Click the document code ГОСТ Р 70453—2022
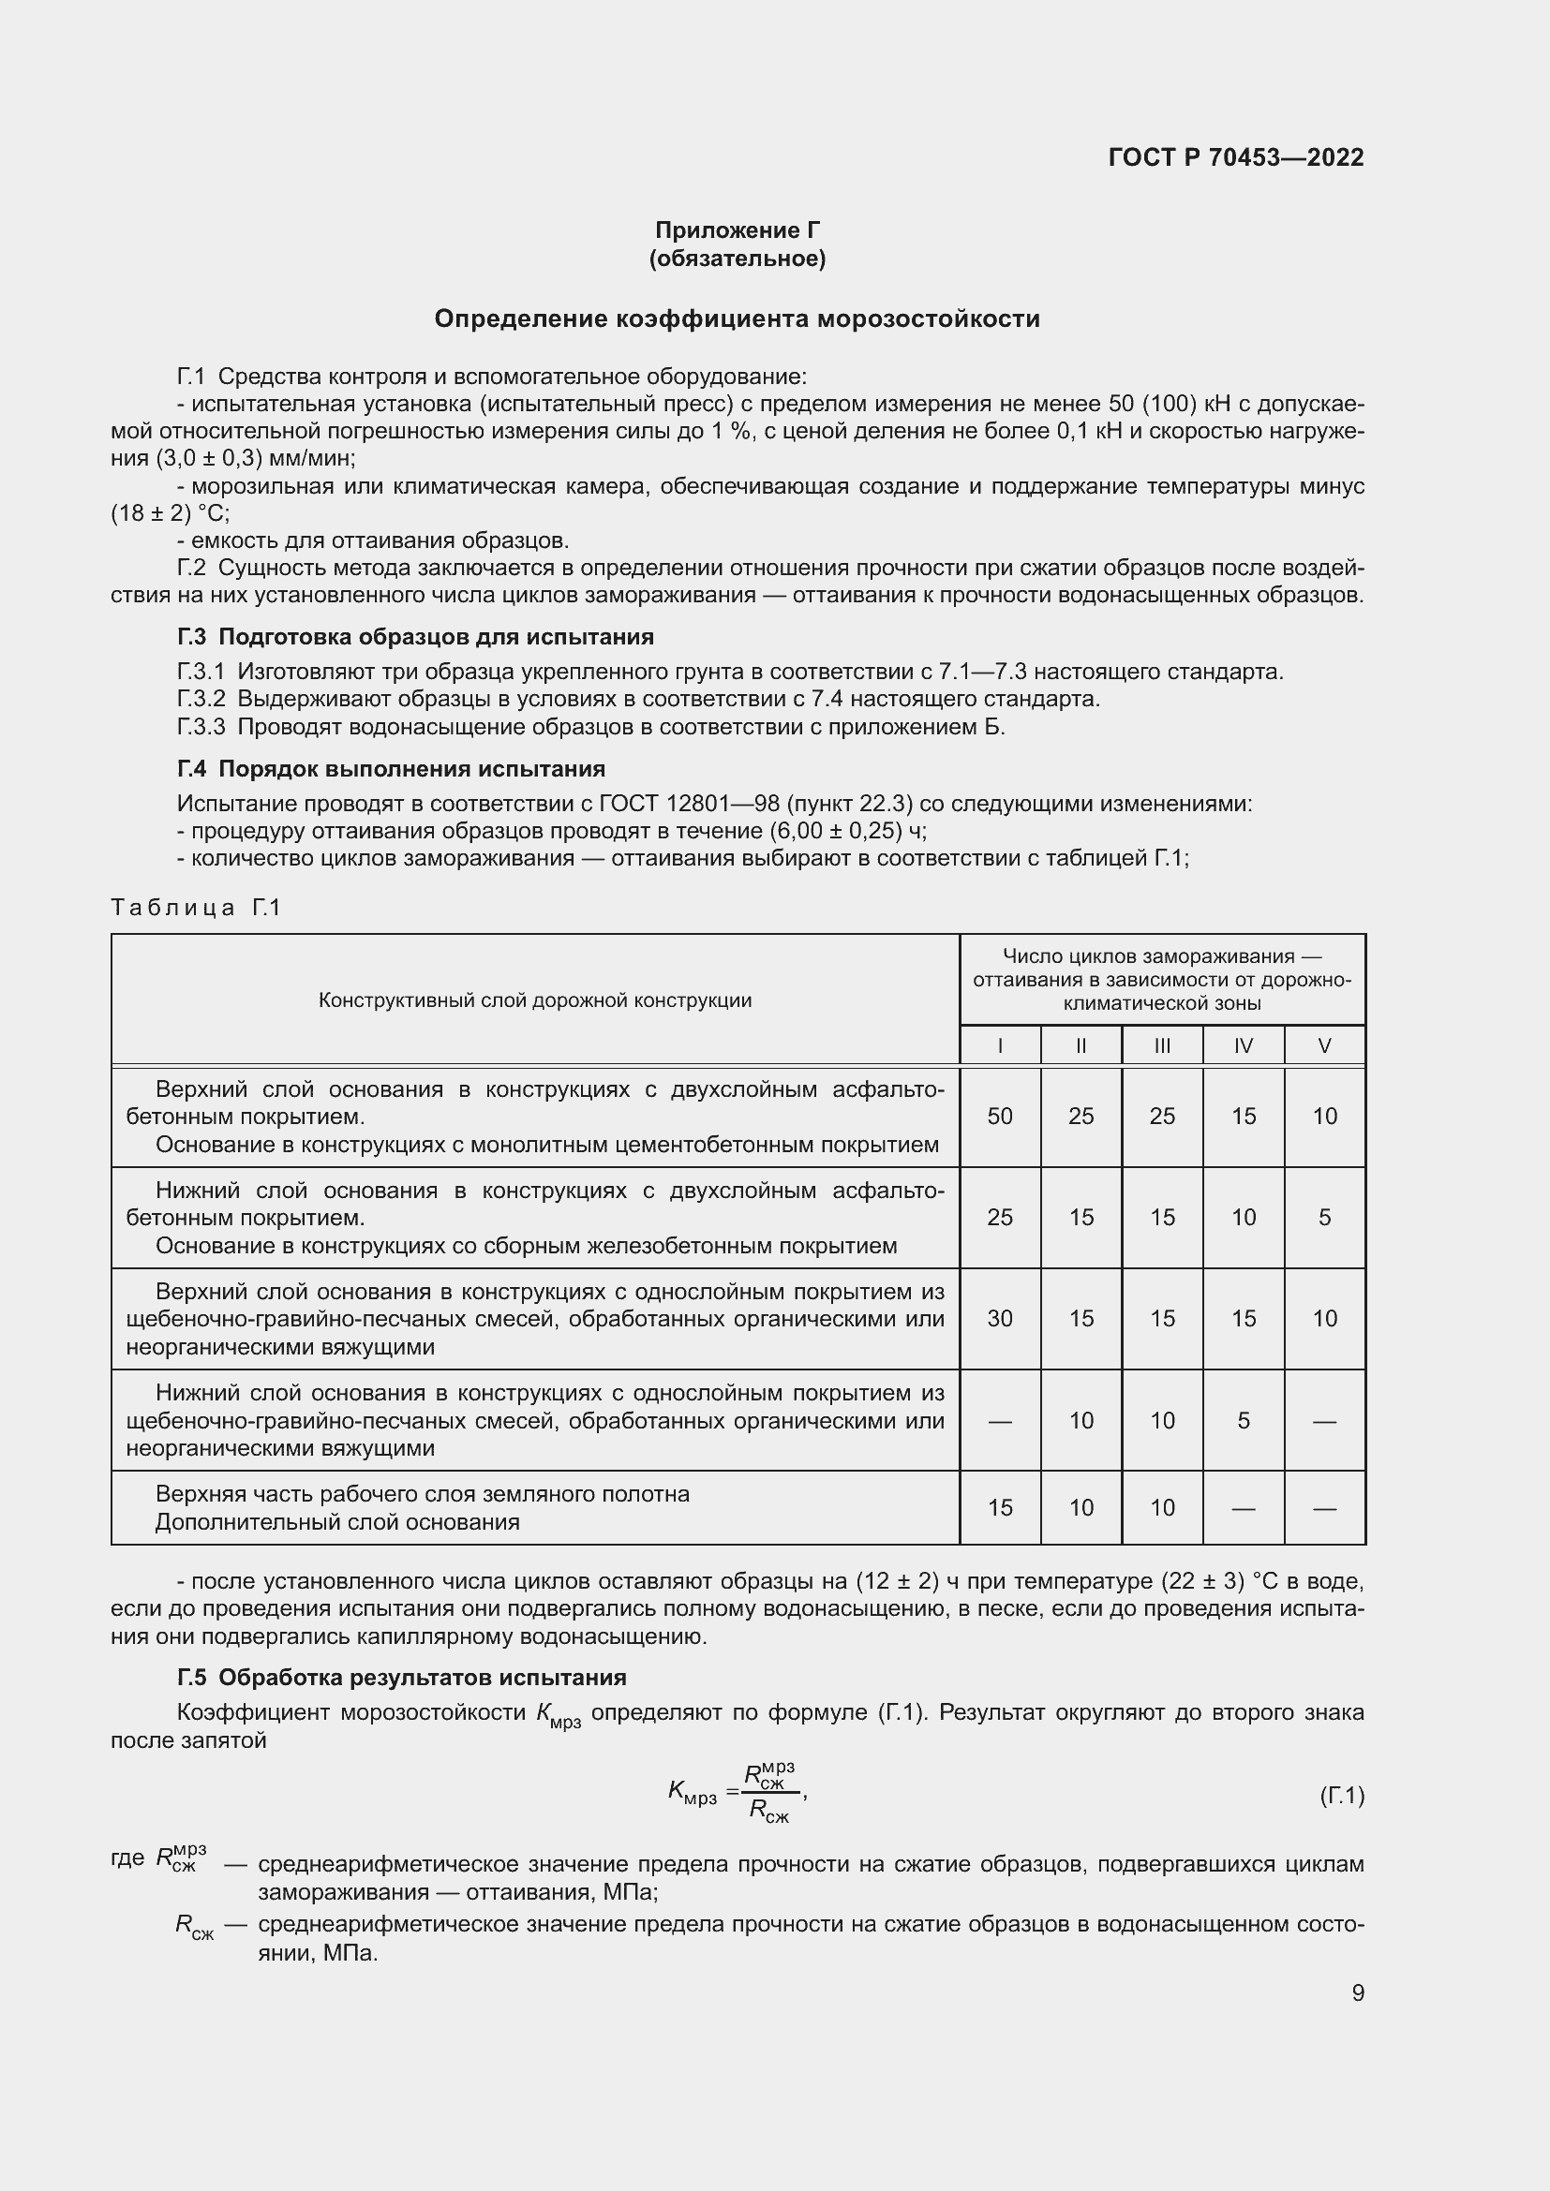[1236, 157]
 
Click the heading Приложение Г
[737, 230]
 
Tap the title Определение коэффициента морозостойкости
[737, 318]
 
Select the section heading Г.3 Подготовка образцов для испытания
[415, 636]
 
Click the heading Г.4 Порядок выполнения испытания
[392, 769]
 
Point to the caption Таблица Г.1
[196, 907]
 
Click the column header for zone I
[999, 1046]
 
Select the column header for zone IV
[1243, 1046]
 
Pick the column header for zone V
[1324, 1046]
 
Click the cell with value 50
[999, 1117]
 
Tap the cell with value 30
[999, 1319]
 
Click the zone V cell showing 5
[1324, 1218]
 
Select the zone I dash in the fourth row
[999, 1421]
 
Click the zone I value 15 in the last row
[999, 1508]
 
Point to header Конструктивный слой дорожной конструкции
[534, 1000]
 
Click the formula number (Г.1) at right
[1341, 1796]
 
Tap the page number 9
[1357, 1992]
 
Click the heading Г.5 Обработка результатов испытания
[402, 1678]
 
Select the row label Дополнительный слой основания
[337, 1522]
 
